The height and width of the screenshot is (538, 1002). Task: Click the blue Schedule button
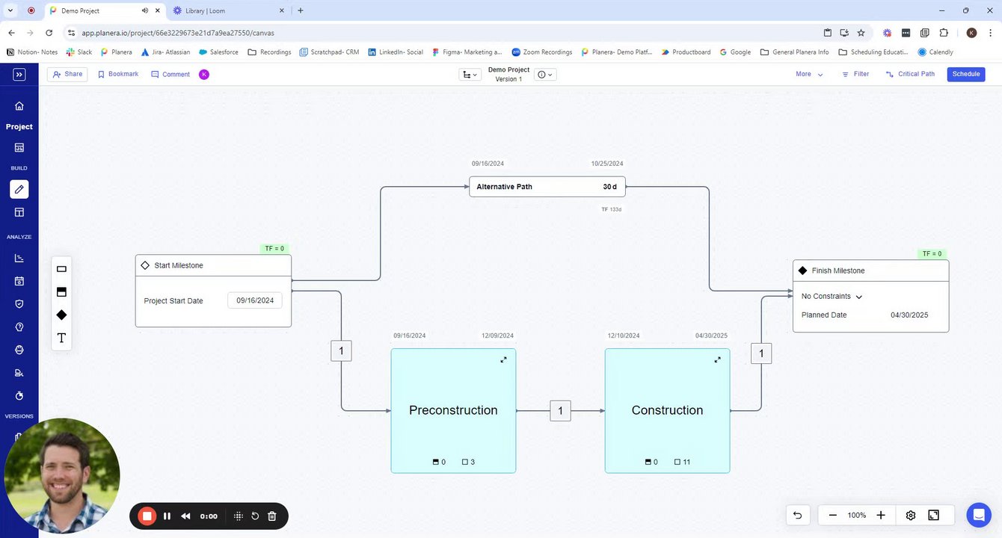click(965, 74)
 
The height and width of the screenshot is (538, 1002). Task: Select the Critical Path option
click(910, 74)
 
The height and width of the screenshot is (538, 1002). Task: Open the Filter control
click(855, 74)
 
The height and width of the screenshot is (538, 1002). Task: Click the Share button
click(67, 74)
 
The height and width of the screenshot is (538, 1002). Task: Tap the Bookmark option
click(118, 74)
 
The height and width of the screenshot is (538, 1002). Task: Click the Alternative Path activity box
click(547, 187)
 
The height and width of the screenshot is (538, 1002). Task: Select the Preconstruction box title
click(453, 410)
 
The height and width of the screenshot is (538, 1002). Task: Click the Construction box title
click(667, 410)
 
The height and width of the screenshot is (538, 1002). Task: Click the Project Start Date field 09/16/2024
click(255, 300)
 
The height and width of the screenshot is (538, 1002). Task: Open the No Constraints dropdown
click(832, 297)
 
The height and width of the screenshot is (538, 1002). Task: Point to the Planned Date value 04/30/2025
click(909, 315)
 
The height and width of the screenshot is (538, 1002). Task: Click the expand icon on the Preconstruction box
click(503, 359)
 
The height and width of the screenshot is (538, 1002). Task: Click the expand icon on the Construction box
click(717, 359)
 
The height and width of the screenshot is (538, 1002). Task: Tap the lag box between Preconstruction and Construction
click(560, 411)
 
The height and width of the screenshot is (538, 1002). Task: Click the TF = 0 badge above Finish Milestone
click(932, 254)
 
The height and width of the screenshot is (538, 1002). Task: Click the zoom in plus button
click(881, 515)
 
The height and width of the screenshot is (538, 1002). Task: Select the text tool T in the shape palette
click(61, 338)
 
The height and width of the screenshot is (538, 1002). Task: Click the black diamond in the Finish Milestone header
click(802, 270)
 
